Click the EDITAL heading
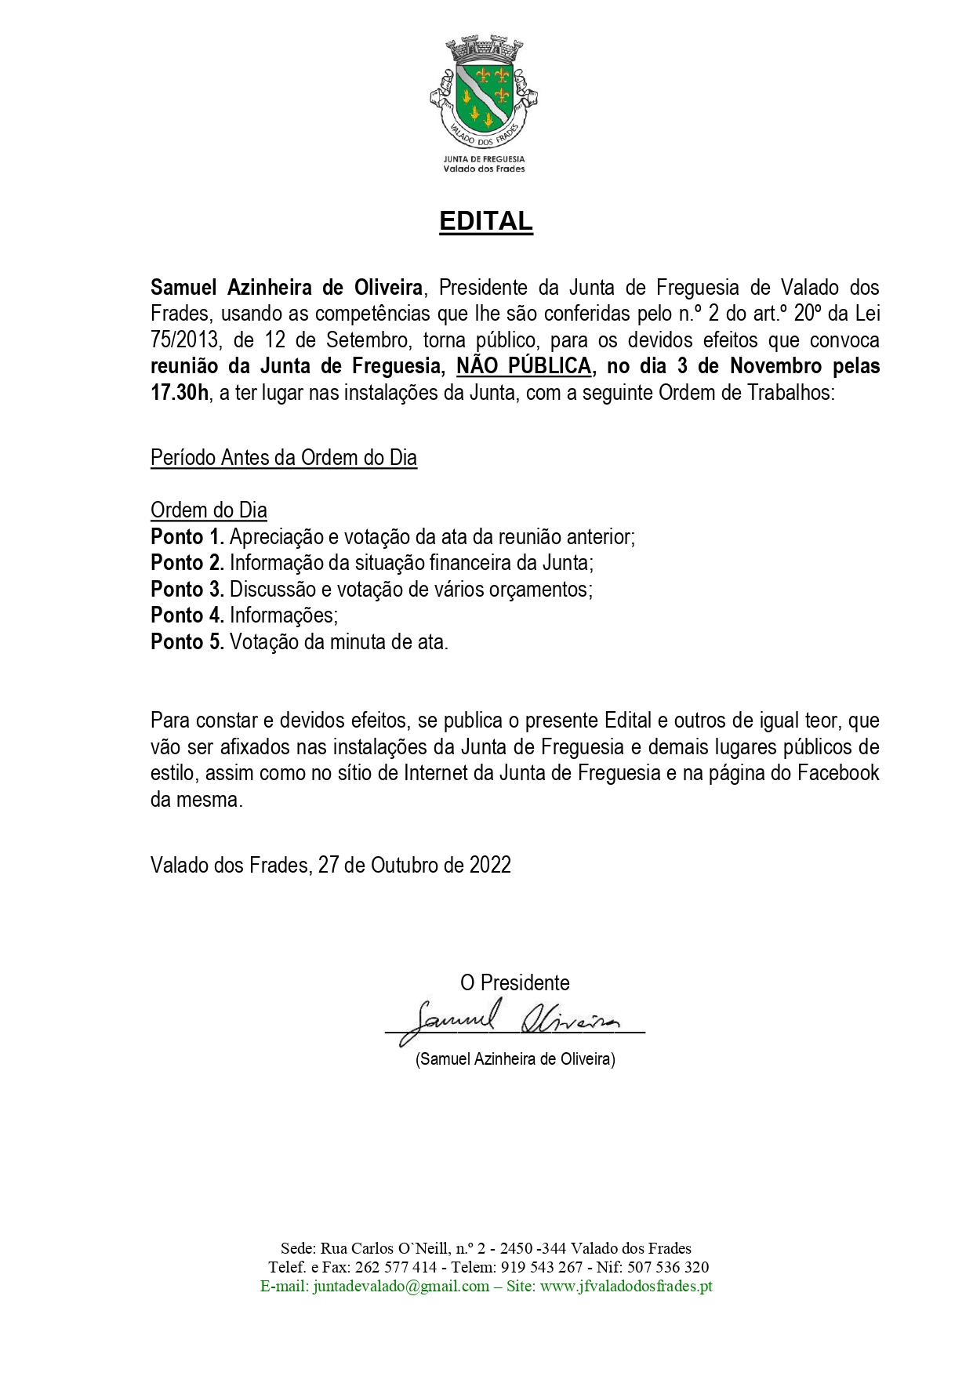(485, 221)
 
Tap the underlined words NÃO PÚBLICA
(524, 366)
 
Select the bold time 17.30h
(180, 393)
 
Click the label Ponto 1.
(187, 537)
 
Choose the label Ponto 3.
(187, 590)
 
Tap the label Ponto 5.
(187, 642)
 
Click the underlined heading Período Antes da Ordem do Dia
(283, 458)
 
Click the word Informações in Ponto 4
(283, 615)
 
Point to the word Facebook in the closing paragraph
(838, 773)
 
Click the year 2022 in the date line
(490, 865)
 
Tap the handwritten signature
(510, 1020)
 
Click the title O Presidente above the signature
(514, 983)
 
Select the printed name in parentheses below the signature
(515, 1059)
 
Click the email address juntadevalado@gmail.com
(401, 1287)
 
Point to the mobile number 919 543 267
(542, 1268)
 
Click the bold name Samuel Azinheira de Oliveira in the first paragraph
(286, 288)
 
